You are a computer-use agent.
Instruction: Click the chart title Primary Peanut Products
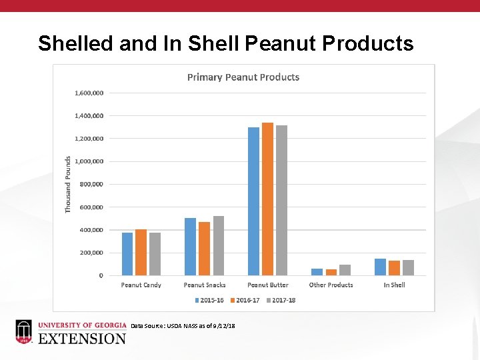pyautogui.click(x=243, y=77)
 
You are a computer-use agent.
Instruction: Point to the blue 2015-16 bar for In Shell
pyautogui.click(x=380, y=267)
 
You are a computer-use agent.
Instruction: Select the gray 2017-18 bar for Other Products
pyautogui.click(x=345, y=270)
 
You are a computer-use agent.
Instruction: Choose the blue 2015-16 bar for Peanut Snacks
pyautogui.click(x=190, y=246)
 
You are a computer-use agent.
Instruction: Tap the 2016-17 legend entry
pyautogui.click(x=245, y=300)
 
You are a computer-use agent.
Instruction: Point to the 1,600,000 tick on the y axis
pyautogui.click(x=88, y=93)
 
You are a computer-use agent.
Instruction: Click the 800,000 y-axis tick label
pyautogui.click(x=91, y=184)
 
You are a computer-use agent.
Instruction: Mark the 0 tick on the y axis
pyautogui.click(x=101, y=275)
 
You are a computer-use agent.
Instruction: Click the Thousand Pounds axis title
pyautogui.click(x=68, y=185)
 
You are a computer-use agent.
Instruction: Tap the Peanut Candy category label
pyautogui.click(x=141, y=285)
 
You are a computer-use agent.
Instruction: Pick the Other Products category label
pyautogui.click(x=331, y=285)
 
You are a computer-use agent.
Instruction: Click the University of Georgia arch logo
pyautogui.click(x=23, y=331)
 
